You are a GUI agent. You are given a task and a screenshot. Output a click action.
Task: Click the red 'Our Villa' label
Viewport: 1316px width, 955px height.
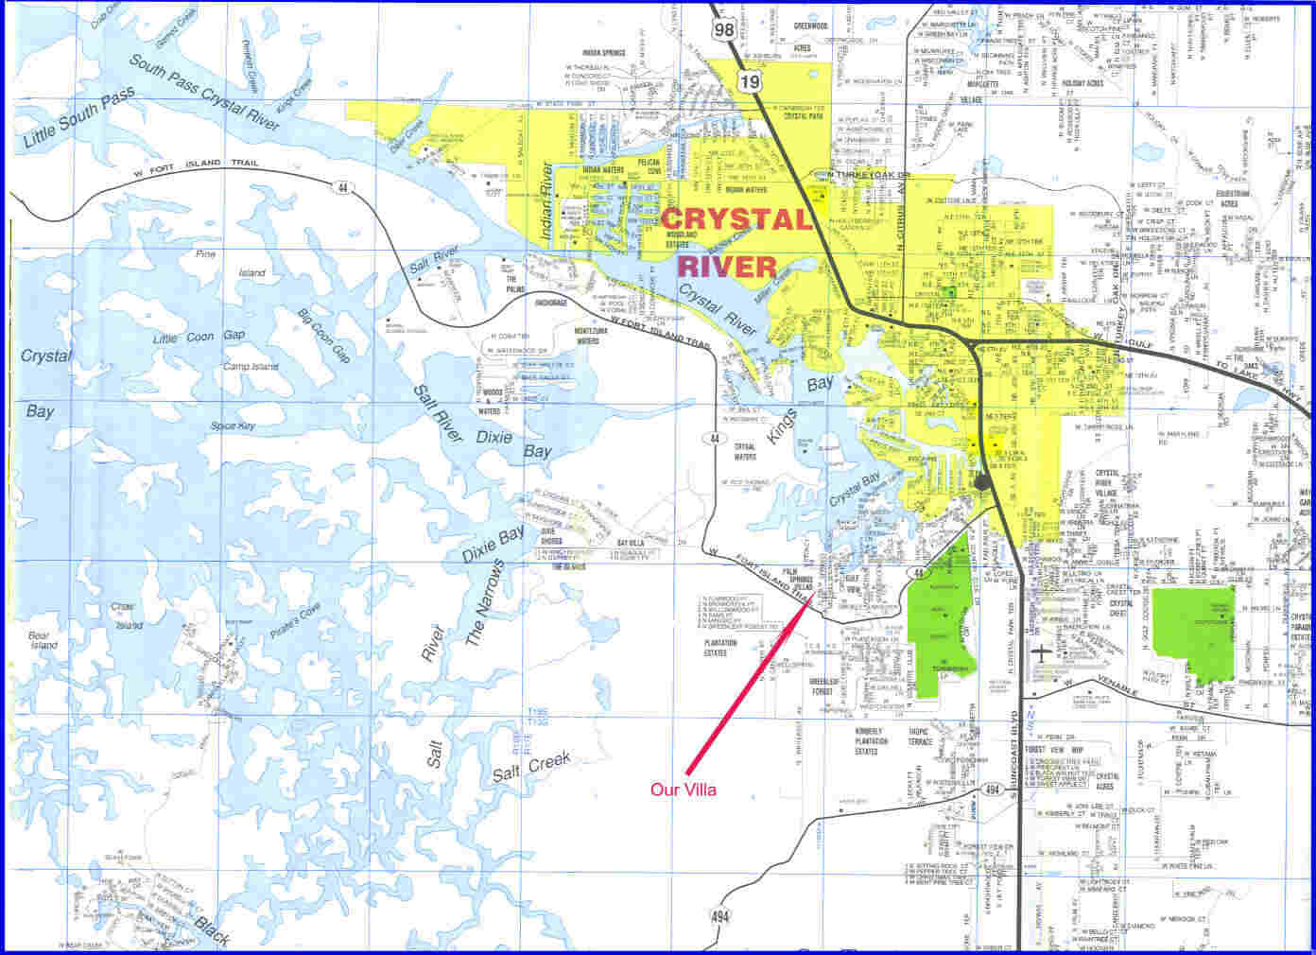(x=684, y=790)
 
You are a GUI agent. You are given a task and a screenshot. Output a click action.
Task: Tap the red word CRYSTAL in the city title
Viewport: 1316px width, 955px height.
(x=737, y=219)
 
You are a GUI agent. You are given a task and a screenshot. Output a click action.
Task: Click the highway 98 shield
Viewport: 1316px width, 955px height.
(x=725, y=30)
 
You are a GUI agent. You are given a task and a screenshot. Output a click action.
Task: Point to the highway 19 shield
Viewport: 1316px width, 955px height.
(x=750, y=81)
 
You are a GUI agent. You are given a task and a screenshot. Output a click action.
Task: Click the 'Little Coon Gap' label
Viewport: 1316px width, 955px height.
(x=199, y=337)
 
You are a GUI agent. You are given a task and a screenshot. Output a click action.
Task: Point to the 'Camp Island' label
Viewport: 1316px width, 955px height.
(x=251, y=366)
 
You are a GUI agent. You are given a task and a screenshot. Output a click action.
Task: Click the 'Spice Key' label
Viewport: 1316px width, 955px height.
(x=234, y=426)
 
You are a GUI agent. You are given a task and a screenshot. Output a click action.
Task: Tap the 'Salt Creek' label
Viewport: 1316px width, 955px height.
(x=530, y=770)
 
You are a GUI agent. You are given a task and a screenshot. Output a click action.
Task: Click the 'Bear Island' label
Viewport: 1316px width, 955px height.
(x=43, y=639)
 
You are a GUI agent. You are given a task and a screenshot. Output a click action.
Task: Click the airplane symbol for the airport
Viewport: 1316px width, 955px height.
(x=1042, y=652)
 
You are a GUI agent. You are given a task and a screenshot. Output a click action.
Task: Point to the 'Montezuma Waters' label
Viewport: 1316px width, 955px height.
(x=587, y=336)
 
